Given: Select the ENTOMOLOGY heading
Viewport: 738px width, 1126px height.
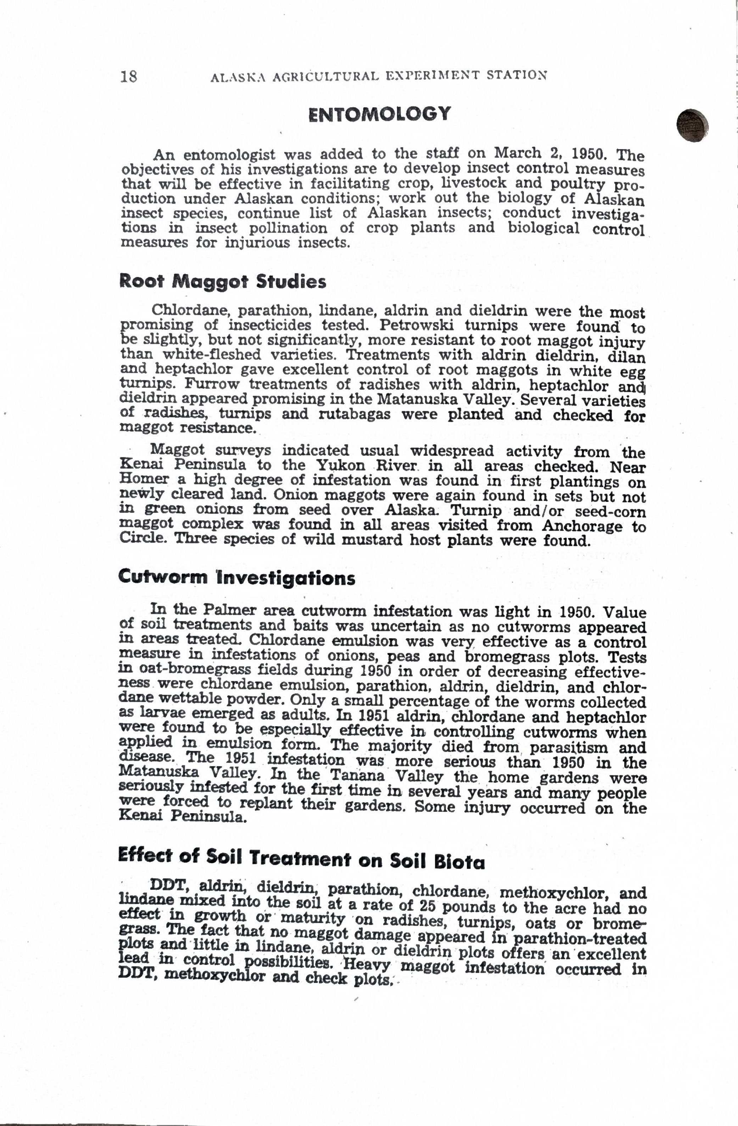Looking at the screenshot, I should (380, 114).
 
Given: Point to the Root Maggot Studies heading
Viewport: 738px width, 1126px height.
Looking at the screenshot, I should (223, 282).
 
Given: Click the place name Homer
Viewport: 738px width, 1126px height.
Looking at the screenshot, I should (144, 479).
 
